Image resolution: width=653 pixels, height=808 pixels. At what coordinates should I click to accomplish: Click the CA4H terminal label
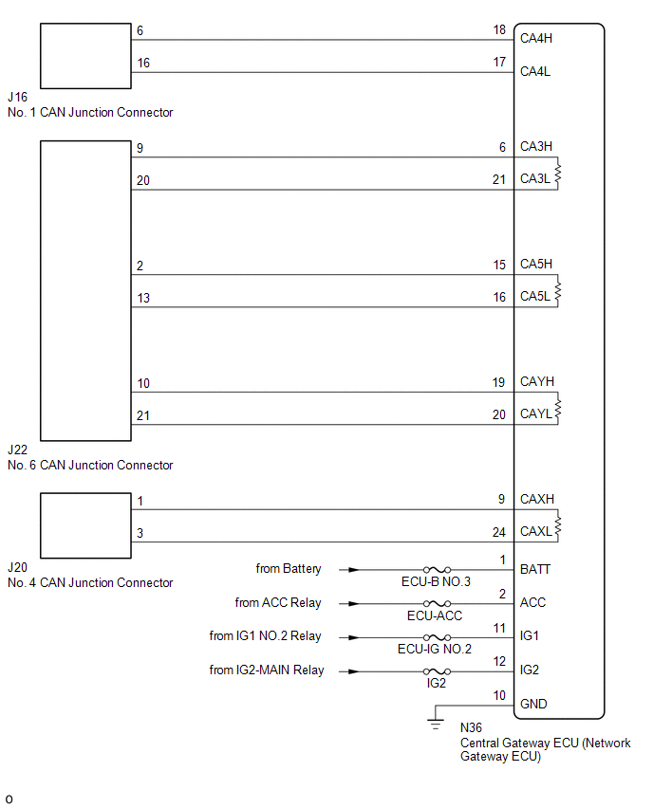click(536, 39)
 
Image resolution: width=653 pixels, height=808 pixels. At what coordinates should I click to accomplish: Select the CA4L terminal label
click(535, 71)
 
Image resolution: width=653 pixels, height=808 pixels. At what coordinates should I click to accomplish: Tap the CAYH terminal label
click(536, 382)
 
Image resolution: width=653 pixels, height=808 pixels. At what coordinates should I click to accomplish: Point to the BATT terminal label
click(535, 569)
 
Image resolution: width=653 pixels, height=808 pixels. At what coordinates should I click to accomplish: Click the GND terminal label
click(533, 704)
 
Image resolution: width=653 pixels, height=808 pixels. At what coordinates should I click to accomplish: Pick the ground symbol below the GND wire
click(436, 725)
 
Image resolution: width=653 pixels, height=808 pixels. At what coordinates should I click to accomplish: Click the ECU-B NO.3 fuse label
click(435, 581)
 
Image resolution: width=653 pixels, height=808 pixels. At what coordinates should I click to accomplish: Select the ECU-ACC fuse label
click(435, 615)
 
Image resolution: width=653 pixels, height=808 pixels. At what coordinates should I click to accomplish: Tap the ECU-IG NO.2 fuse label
click(435, 649)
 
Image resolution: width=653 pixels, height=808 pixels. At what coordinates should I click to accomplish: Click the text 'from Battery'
click(289, 569)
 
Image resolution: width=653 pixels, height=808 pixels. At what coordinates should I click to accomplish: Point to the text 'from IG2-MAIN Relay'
click(267, 670)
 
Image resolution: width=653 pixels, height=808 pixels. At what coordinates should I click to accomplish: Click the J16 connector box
click(85, 55)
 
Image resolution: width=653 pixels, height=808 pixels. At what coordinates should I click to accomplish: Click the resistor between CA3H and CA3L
click(558, 174)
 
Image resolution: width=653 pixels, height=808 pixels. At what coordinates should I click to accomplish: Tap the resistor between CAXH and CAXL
click(558, 525)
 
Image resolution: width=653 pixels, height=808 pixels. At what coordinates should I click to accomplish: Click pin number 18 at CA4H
click(499, 31)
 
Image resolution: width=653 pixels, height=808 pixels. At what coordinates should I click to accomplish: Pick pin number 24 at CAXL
click(499, 532)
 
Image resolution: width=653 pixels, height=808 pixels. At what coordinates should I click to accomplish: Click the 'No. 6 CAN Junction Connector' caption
click(90, 466)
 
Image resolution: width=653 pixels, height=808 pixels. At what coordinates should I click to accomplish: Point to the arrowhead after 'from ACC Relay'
click(353, 603)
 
